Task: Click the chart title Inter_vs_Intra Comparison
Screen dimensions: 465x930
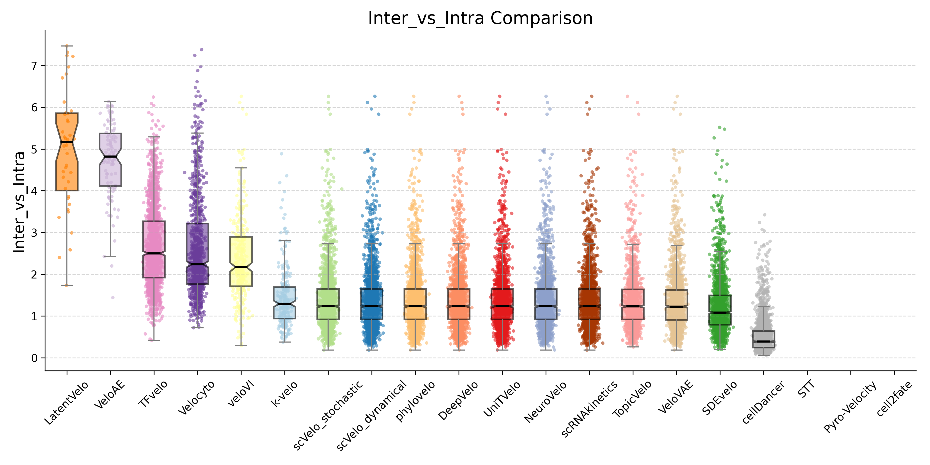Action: coord(480,18)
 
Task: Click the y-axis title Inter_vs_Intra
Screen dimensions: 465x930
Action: coord(19,202)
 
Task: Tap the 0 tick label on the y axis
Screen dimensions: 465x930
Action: coord(34,358)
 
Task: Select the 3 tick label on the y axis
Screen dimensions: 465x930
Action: coord(34,233)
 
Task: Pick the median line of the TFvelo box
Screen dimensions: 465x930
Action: coord(154,253)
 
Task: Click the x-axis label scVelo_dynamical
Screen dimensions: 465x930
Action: coord(372,415)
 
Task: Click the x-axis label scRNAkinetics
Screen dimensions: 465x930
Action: coord(590,409)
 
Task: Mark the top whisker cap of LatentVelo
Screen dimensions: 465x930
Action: coord(67,46)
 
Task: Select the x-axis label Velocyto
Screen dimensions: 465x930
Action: coord(197,397)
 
